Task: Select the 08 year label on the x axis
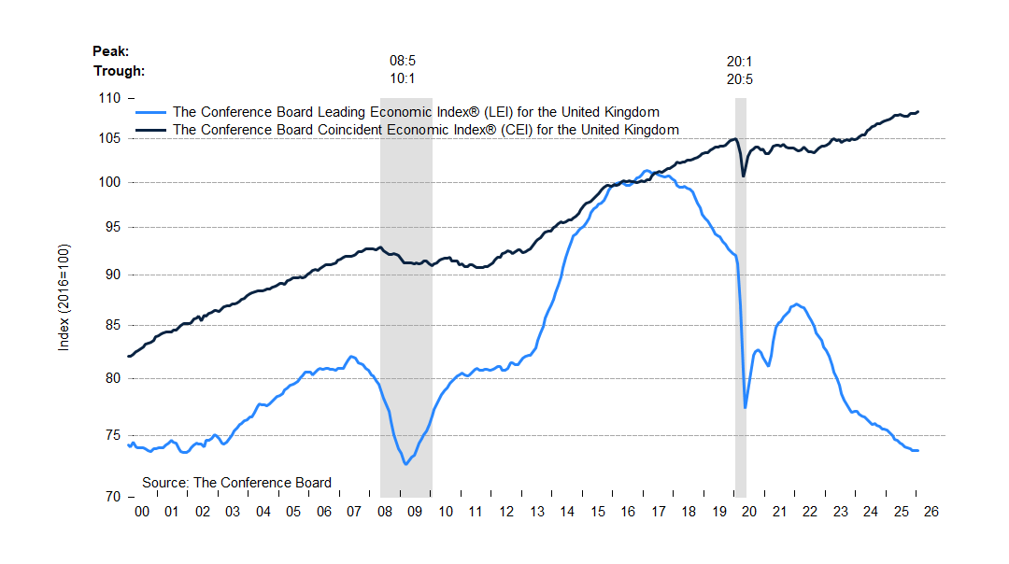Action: point(385,512)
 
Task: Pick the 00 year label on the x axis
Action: point(142,512)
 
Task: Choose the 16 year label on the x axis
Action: point(628,512)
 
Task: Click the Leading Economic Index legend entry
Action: point(416,111)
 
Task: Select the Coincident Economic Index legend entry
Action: point(426,130)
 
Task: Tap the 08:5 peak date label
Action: point(403,63)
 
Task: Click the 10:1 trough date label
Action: point(403,79)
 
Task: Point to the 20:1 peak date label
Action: point(740,63)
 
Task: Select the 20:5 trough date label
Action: point(740,79)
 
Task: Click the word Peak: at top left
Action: point(111,51)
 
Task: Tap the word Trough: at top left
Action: point(120,71)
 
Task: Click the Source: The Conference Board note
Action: point(236,483)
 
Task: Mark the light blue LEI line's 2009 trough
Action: point(405,464)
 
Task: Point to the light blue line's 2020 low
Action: point(746,407)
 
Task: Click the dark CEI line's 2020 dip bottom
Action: point(744,176)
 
